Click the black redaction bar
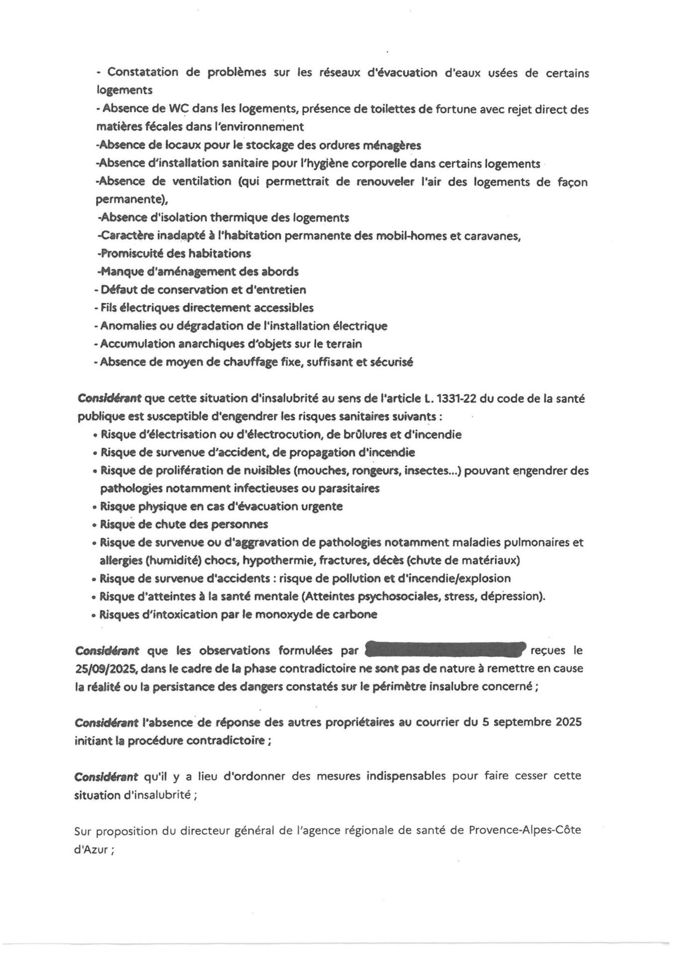coord(446,650)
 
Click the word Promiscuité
coord(132,254)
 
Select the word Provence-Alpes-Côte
coord(525,830)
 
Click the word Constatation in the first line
coord(142,72)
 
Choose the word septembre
coord(522,722)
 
